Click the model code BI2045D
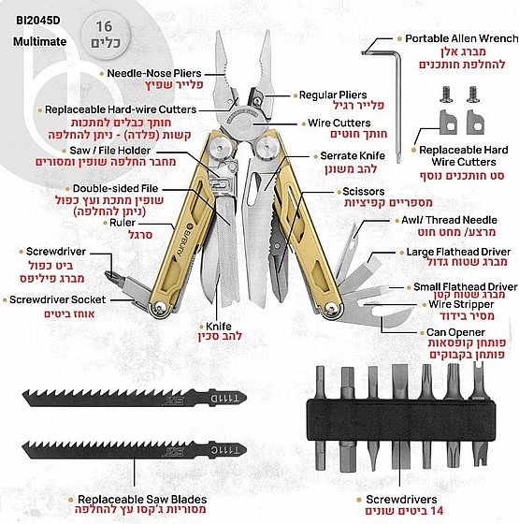tap(38, 21)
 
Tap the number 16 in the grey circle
tap(104, 26)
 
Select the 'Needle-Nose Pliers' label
tap(154, 73)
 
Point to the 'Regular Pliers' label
tap(333, 95)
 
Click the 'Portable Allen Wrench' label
tap(462, 38)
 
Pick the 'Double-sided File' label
tap(115, 188)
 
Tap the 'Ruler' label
tap(123, 223)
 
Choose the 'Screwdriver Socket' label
tap(57, 299)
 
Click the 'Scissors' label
tap(364, 192)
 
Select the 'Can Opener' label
tap(455, 332)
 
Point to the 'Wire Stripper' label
tap(461, 304)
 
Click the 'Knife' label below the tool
tap(219, 327)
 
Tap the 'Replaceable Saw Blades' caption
tap(142, 500)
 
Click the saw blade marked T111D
tap(135, 398)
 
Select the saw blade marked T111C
tap(135, 450)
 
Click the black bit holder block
tap(401, 420)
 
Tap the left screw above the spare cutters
tap(446, 95)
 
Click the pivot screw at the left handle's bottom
tap(161, 307)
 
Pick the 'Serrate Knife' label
tap(353, 155)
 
